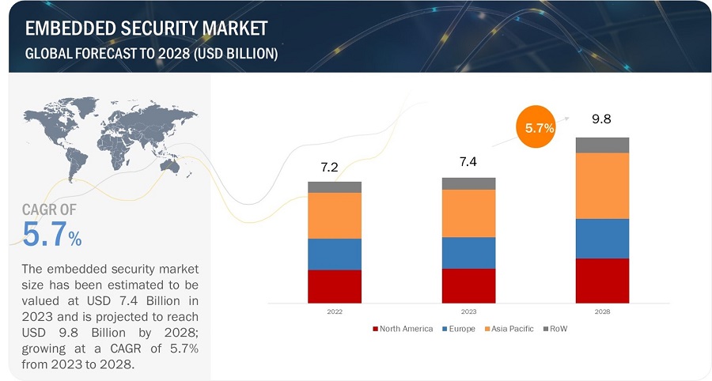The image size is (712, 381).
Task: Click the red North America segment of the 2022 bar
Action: pyautogui.click(x=334, y=286)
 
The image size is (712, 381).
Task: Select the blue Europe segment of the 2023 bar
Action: pyautogui.click(x=468, y=253)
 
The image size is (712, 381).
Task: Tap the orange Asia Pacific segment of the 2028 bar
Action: pyautogui.click(x=602, y=186)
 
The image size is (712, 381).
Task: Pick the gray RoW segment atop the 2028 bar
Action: pyautogui.click(x=602, y=145)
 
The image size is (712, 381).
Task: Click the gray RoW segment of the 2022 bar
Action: pyautogui.click(x=334, y=187)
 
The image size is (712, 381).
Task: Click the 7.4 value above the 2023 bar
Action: pyautogui.click(x=468, y=161)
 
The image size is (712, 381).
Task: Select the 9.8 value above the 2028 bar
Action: pyautogui.click(x=602, y=120)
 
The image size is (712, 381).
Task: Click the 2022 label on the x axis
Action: pyautogui.click(x=334, y=311)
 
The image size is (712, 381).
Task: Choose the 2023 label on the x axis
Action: pyautogui.click(x=468, y=311)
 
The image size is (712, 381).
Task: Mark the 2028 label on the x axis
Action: pyautogui.click(x=602, y=311)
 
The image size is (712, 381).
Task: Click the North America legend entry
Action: pyautogui.click(x=403, y=329)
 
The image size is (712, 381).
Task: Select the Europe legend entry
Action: pyautogui.click(x=459, y=329)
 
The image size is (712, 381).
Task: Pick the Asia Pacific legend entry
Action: pyautogui.click(x=509, y=329)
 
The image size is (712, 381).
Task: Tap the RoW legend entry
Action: pyautogui.click(x=557, y=329)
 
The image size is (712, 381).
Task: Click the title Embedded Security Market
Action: pyautogui.click(x=146, y=29)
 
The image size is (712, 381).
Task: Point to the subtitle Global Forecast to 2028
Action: pyautogui.click(x=151, y=53)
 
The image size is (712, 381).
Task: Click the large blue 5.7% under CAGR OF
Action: pyautogui.click(x=52, y=235)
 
